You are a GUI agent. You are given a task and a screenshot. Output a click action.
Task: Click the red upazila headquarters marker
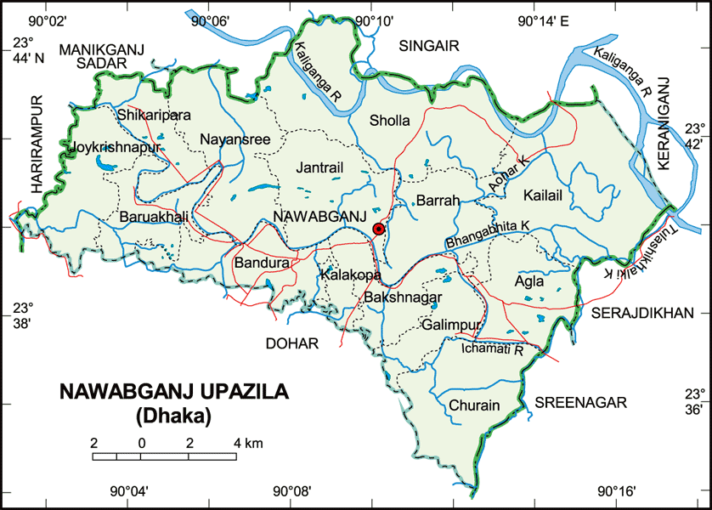379,228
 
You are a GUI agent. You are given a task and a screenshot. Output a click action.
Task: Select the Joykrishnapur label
117,146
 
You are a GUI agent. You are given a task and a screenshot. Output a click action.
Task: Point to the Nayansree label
235,139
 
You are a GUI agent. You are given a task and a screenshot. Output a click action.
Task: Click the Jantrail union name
320,168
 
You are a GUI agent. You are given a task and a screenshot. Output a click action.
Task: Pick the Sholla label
390,121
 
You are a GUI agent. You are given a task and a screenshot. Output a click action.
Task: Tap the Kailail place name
544,195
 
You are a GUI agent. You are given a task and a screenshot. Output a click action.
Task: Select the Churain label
475,405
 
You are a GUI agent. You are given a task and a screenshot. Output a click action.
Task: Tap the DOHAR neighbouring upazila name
291,343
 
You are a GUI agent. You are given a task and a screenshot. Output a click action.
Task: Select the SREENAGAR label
580,402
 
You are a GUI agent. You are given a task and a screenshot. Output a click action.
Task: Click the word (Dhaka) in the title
173,416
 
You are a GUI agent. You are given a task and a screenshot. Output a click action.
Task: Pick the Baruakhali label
154,217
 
